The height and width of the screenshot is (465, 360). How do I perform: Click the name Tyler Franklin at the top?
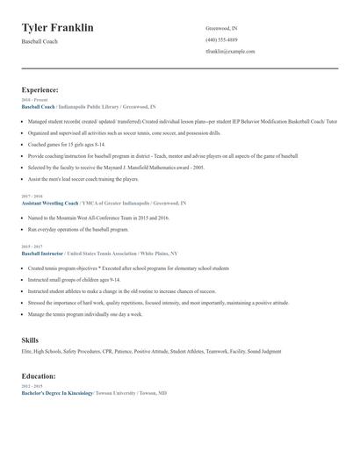58,28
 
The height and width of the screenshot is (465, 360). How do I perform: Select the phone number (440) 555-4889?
221,39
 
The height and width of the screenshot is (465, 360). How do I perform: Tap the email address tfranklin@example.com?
230,51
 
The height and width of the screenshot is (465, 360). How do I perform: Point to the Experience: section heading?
40,89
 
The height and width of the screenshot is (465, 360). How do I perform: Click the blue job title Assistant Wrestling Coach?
49,203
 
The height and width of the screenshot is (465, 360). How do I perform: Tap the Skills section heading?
30,338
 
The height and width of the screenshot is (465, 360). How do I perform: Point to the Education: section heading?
40,376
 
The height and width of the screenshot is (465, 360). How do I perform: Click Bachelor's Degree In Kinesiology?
57,393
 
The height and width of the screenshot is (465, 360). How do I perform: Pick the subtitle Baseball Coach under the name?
40,41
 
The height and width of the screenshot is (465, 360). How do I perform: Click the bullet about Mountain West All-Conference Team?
97,217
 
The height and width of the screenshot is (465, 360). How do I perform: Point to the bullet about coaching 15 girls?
67,143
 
